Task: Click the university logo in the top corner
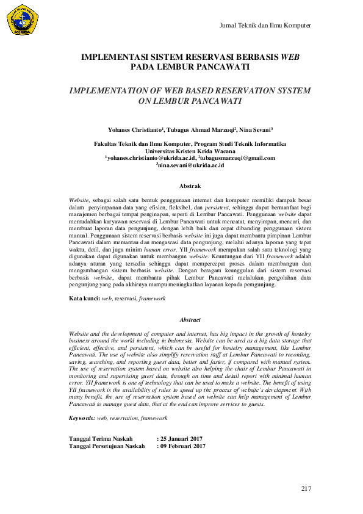[23, 18]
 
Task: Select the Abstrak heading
[190, 184]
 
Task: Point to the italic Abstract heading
[190, 319]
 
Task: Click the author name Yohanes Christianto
[134, 130]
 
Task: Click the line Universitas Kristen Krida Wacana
[190, 150]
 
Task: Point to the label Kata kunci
[84, 298]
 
